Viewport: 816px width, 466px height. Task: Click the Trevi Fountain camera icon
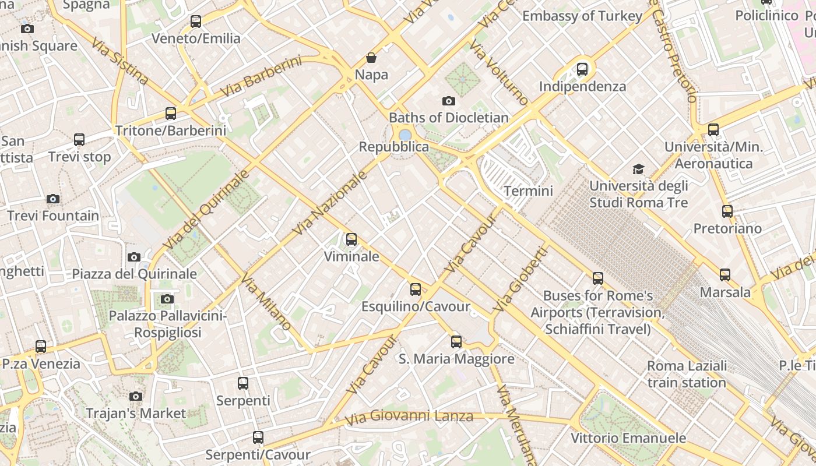point(53,199)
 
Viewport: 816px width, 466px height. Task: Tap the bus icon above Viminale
point(351,239)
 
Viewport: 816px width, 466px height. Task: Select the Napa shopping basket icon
point(371,58)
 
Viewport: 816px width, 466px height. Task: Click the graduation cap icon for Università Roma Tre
point(639,170)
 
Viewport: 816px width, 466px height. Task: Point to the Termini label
point(528,190)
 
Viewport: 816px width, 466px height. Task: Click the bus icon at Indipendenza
point(582,69)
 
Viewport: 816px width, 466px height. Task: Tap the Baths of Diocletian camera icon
point(448,101)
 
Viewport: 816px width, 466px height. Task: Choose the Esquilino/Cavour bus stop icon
point(415,290)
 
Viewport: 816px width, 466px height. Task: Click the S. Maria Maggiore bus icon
point(456,342)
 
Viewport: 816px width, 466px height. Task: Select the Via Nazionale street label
point(330,203)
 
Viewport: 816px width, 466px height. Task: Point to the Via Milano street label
point(266,302)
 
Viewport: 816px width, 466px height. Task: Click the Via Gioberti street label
point(520,279)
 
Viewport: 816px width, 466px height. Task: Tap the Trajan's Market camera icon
point(136,397)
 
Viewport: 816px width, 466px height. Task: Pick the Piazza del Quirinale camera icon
point(134,257)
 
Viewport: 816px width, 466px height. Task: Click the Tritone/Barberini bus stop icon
point(170,114)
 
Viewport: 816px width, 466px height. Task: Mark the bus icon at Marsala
point(724,275)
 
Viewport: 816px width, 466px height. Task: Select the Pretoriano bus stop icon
point(727,211)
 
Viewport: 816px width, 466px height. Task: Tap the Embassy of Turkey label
point(582,16)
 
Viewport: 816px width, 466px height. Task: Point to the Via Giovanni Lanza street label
point(409,417)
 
